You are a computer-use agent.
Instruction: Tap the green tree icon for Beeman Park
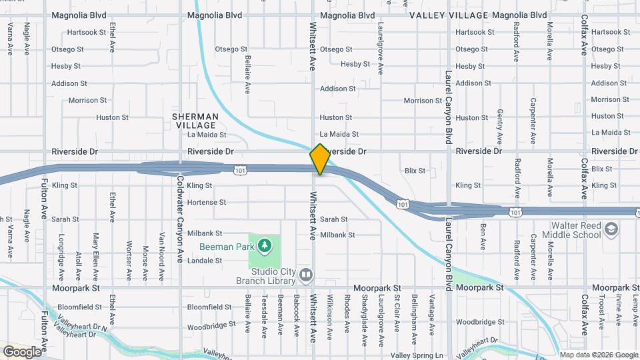[265, 246]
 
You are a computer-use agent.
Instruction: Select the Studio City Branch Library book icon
[305, 274]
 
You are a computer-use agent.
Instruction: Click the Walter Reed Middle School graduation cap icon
[611, 231]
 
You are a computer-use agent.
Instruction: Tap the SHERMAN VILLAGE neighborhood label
[195, 121]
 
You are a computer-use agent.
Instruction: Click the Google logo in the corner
[22, 351]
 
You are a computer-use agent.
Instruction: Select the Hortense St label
[207, 202]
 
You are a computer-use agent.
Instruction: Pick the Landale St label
[204, 261]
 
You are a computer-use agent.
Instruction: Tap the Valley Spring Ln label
[417, 355]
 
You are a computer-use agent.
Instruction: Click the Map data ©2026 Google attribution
[598, 355]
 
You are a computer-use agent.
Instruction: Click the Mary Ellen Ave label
[96, 256]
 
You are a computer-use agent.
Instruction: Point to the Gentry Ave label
[499, 127]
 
